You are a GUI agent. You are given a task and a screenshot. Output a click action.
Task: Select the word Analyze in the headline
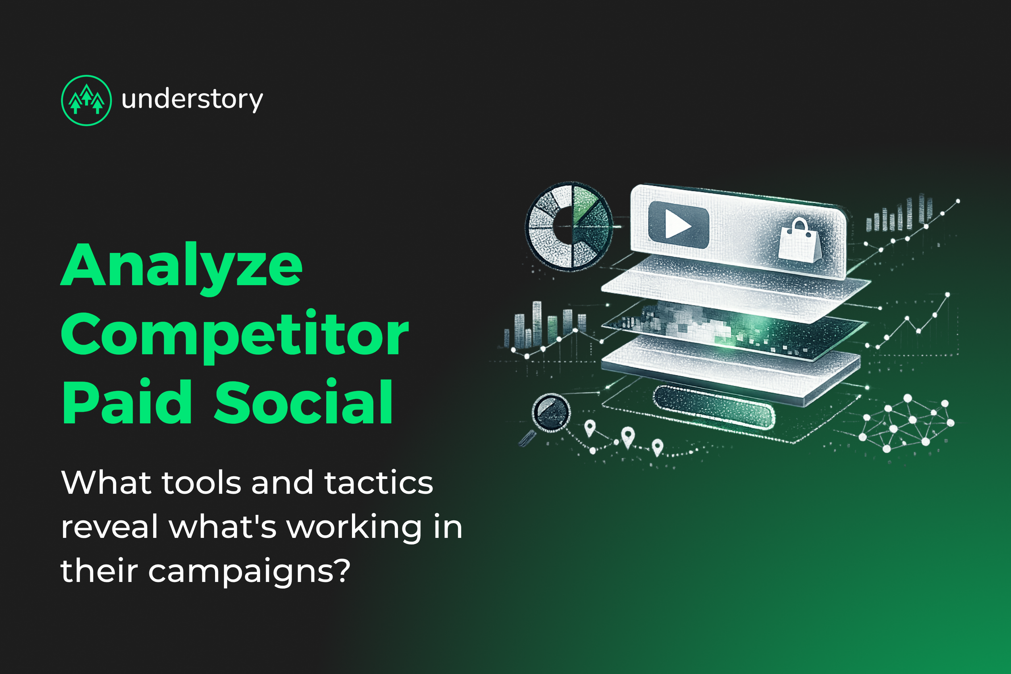point(182,266)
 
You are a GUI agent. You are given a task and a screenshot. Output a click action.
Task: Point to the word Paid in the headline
point(127,402)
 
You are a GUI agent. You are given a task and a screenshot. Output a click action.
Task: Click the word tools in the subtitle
point(201,483)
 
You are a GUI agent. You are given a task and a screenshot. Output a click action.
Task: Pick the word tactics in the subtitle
point(378,483)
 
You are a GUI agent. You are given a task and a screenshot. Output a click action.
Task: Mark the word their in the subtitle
point(99,571)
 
